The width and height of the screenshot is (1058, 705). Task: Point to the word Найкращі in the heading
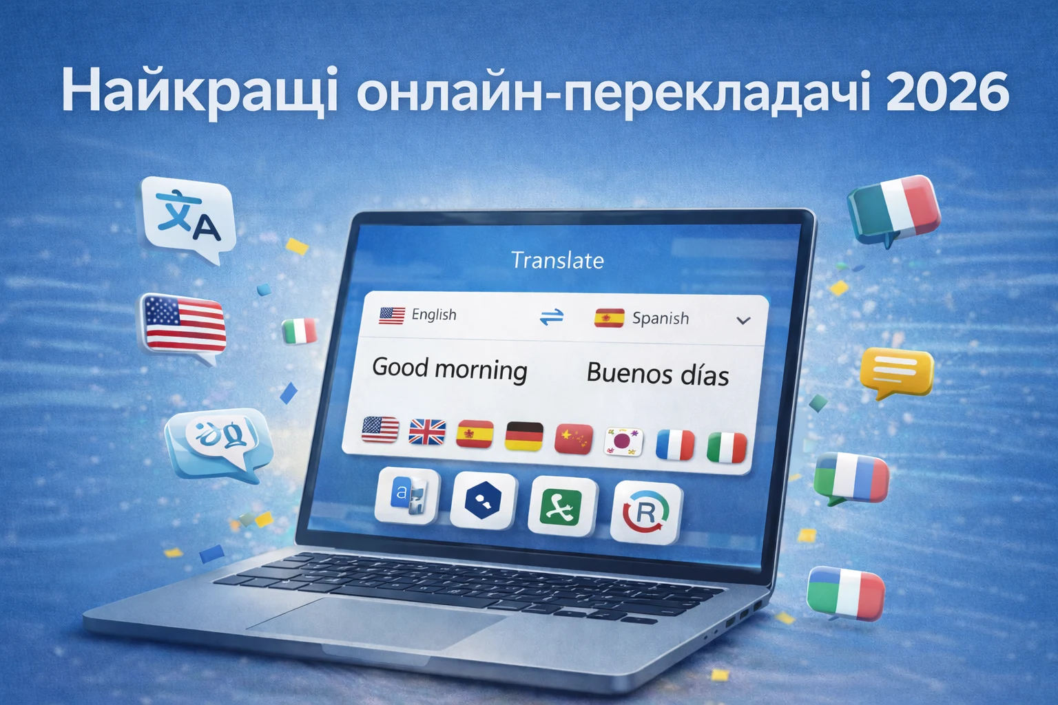coord(199,91)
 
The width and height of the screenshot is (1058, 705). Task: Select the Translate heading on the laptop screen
coord(557,260)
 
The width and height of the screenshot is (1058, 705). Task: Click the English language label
coord(434,315)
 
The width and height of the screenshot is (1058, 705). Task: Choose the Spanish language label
coord(660,318)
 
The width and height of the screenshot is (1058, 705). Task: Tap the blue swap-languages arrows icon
coord(551,317)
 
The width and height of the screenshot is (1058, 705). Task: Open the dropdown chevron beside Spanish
coord(743,321)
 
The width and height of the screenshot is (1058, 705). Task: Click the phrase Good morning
coord(450,368)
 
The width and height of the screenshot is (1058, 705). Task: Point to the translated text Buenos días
coord(657,374)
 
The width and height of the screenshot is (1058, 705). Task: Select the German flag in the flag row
coord(524,436)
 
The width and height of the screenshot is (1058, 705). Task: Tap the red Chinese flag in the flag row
coord(573,439)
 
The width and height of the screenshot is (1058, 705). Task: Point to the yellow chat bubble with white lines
coord(896,372)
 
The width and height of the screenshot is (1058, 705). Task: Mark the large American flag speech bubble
coord(184,324)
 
